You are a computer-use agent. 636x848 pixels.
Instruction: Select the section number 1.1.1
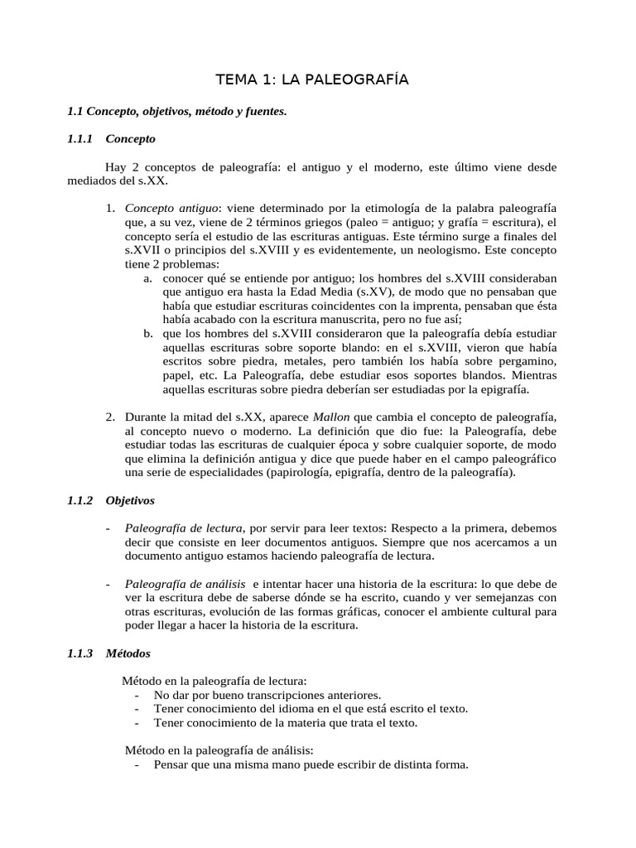coord(80,139)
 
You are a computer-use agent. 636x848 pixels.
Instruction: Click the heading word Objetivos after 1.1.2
coord(130,501)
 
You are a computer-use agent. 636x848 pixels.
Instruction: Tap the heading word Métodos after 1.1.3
coord(128,653)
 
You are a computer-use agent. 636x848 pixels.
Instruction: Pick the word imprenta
coord(377,306)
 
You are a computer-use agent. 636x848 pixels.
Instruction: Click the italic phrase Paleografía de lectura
coord(184,528)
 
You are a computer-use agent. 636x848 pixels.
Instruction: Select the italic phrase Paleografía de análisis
coord(185,584)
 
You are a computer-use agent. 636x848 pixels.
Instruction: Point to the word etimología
coord(397,206)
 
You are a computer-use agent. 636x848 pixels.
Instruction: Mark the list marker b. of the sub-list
coord(148,334)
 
